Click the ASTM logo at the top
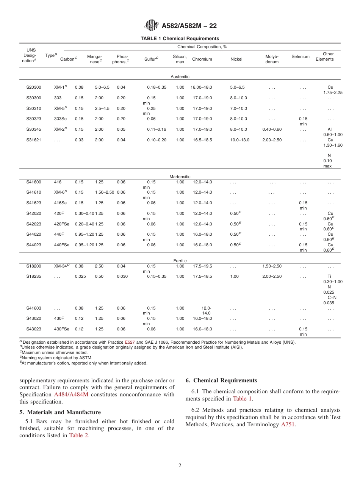click(x=152, y=25)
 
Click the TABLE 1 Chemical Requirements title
click(x=180, y=39)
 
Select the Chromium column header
click(x=202, y=59)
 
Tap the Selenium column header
click(x=300, y=56)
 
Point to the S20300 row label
click(x=34, y=87)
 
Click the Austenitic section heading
click(x=180, y=77)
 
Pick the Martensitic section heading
click(x=180, y=177)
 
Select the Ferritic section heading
click(x=180, y=261)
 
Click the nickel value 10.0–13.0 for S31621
click(x=239, y=140)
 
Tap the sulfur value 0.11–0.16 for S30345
click(x=157, y=129)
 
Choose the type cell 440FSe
click(x=62, y=245)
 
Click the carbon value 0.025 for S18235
click(x=80, y=276)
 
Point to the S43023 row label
click(x=34, y=329)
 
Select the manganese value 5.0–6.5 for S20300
click(x=102, y=87)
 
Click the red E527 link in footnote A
click(x=130, y=342)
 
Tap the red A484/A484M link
click(x=71, y=394)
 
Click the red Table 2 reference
click(x=78, y=435)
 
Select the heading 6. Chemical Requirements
click(x=221, y=380)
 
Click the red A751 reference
click(x=288, y=424)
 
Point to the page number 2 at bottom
click(x=180, y=466)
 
